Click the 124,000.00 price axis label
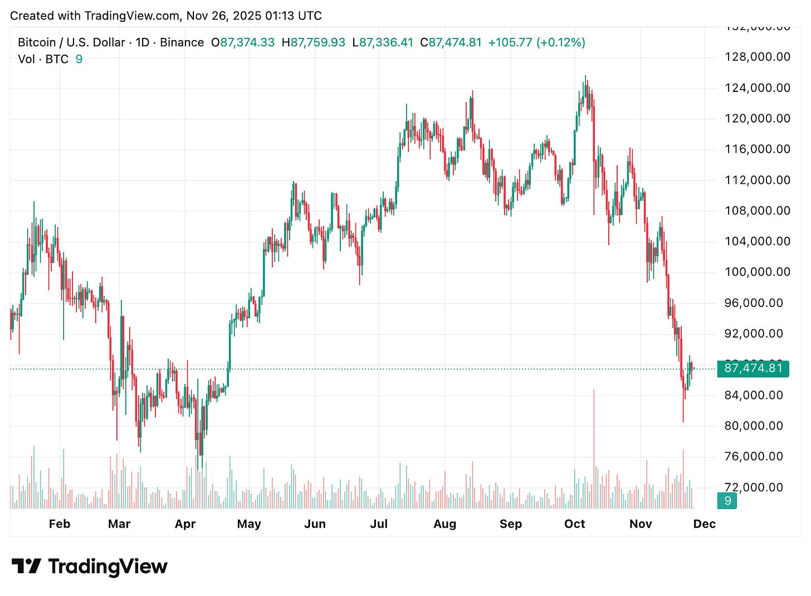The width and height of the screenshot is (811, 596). pyautogui.click(x=757, y=87)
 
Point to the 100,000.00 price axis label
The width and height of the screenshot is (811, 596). pyautogui.click(x=757, y=272)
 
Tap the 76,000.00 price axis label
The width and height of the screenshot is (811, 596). pyautogui.click(x=757, y=456)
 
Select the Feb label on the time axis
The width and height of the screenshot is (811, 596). pyautogui.click(x=60, y=524)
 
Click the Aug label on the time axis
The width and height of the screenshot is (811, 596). pyautogui.click(x=444, y=524)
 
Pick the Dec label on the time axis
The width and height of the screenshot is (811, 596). pyautogui.click(x=704, y=524)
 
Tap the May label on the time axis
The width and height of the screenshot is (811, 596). pyautogui.click(x=248, y=524)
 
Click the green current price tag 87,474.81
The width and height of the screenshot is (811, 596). pyautogui.click(x=753, y=368)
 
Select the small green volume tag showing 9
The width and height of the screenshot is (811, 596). pyautogui.click(x=727, y=501)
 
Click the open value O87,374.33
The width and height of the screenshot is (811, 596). pyautogui.click(x=243, y=42)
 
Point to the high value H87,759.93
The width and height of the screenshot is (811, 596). pyautogui.click(x=313, y=42)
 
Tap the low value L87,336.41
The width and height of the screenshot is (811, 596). pyautogui.click(x=383, y=42)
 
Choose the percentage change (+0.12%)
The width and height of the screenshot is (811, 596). pyautogui.click(x=560, y=42)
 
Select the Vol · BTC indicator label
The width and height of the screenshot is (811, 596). pyautogui.click(x=43, y=59)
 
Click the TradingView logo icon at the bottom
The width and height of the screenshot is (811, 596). pyautogui.click(x=26, y=566)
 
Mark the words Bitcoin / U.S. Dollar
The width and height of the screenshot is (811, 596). pyautogui.click(x=72, y=42)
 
